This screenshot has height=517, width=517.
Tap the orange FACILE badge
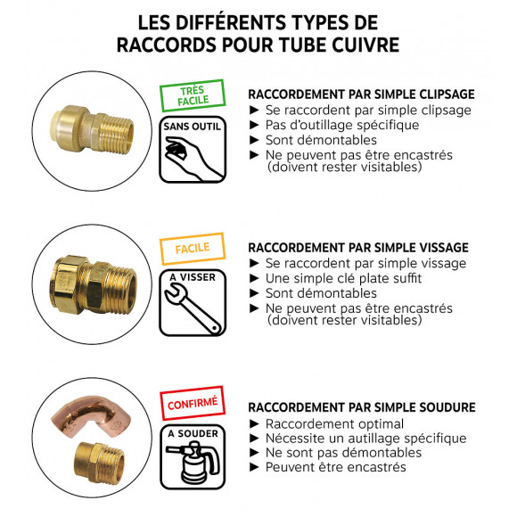(192, 248)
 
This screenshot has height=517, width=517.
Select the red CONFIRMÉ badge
(192, 402)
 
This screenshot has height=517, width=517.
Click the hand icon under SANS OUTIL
(191, 160)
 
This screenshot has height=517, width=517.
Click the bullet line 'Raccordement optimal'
(333, 423)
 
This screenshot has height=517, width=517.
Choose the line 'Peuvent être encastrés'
(334, 466)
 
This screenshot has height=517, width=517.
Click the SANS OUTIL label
(191, 127)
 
